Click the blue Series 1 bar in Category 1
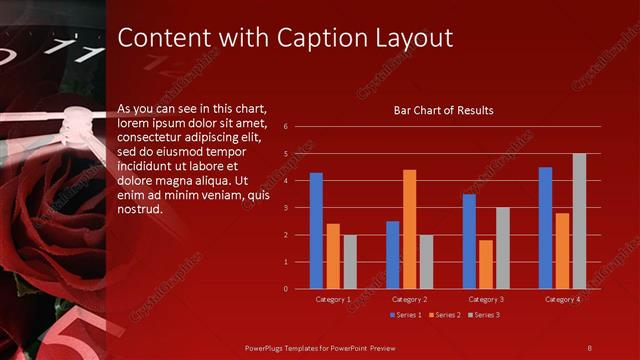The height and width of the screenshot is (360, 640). pyautogui.click(x=316, y=231)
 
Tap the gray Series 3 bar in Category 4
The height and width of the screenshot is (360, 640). pyautogui.click(x=579, y=221)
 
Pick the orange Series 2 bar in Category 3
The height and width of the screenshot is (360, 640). pyautogui.click(x=486, y=264)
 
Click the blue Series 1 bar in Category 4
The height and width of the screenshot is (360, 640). pyautogui.click(x=545, y=228)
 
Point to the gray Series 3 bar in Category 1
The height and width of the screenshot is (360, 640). pyautogui.click(x=350, y=262)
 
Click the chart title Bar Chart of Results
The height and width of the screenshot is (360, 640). pyautogui.click(x=443, y=110)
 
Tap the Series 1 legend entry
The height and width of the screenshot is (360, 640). pyautogui.click(x=405, y=315)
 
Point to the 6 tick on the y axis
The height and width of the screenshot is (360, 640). pyautogui.click(x=286, y=127)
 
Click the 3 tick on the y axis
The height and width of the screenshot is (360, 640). pyautogui.click(x=286, y=208)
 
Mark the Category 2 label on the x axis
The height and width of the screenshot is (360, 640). pyautogui.click(x=409, y=299)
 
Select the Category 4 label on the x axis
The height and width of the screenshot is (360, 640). pyautogui.click(x=562, y=299)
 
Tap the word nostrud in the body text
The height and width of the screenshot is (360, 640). pyautogui.click(x=139, y=210)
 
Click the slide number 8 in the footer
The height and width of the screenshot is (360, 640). pyautogui.click(x=589, y=346)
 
